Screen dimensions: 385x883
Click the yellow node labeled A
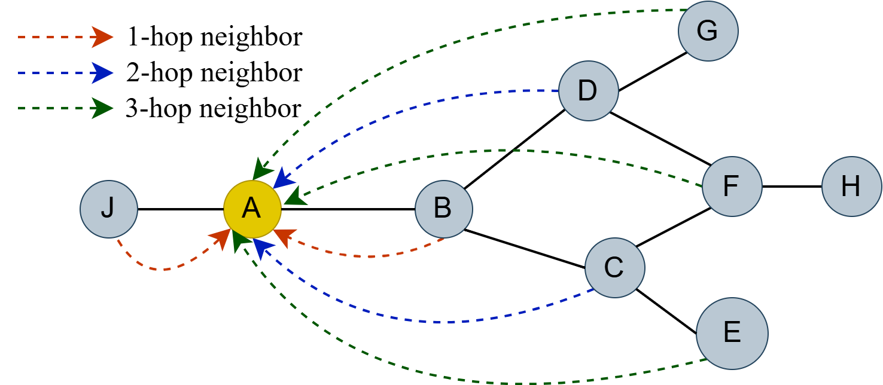[x=252, y=209]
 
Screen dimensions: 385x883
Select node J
[x=109, y=209]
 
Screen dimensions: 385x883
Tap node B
[x=443, y=209]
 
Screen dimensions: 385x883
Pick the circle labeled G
[x=708, y=31]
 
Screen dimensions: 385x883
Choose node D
[x=588, y=91]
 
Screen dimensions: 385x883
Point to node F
[x=732, y=187]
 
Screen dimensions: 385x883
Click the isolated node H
[x=851, y=187]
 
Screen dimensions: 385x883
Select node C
[x=614, y=268]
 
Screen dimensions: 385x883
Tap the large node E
[x=732, y=333]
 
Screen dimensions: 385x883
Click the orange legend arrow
[x=66, y=37]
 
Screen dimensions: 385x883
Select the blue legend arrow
[x=66, y=73]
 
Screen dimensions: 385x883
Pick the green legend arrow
[x=66, y=108]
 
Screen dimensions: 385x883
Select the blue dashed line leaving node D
[x=419, y=108]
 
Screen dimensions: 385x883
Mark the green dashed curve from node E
[x=479, y=381]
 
